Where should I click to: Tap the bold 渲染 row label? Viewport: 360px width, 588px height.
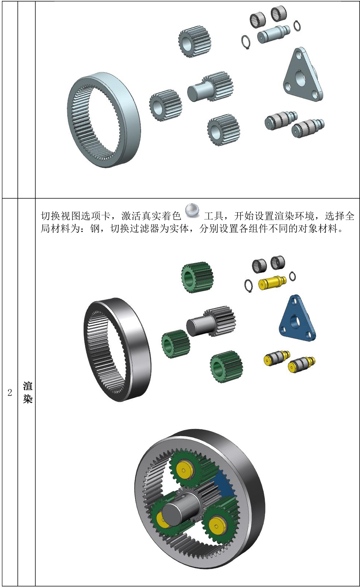pyautogui.click(x=28, y=393)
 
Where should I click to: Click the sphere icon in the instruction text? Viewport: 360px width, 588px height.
pyautogui.click(x=192, y=211)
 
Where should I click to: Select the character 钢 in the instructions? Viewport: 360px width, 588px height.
pyautogui.click(x=95, y=229)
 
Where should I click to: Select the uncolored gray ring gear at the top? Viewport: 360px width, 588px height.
pyautogui.click(x=104, y=120)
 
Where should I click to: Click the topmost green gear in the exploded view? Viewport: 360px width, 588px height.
pyautogui.click(x=197, y=277)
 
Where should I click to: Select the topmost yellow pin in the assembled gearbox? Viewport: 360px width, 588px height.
pyautogui.click(x=185, y=470)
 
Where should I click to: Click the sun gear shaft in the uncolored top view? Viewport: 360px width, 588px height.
pyautogui.click(x=210, y=88)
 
